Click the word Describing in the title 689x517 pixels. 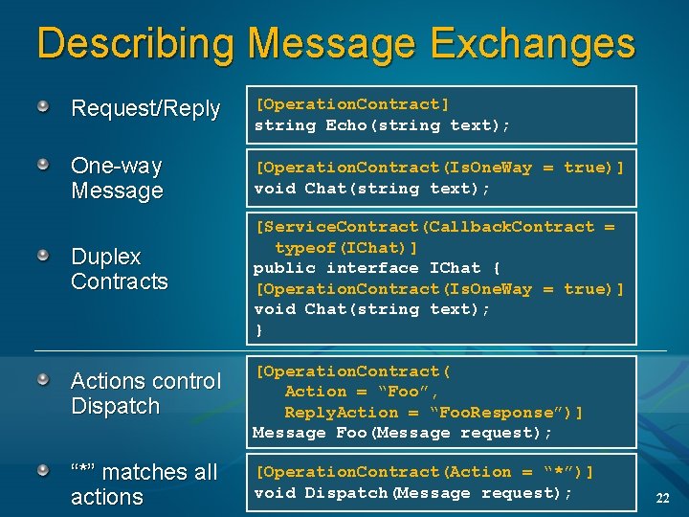pyautogui.click(x=136, y=44)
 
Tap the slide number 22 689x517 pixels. pyautogui.click(x=662, y=497)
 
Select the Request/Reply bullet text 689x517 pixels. pyautogui.click(x=145, y=109)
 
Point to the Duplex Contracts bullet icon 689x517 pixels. pyautogui.click(x=44, y=258)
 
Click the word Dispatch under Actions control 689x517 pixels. pyautogui.click(x=115, y=406)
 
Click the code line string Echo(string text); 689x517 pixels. pyautogui.click(x=382, y=125)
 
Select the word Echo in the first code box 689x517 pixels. pyautogui.click(x=345, y=125)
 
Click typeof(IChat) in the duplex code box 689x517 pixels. pyautogui.click(x=346, y=247)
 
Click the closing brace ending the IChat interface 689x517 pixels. pyautogui.click(x=258, y=330)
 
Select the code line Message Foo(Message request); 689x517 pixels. pyautogui.click(x=402, y=433)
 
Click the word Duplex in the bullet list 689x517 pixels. pyautogui.click(x=106, y=257)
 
